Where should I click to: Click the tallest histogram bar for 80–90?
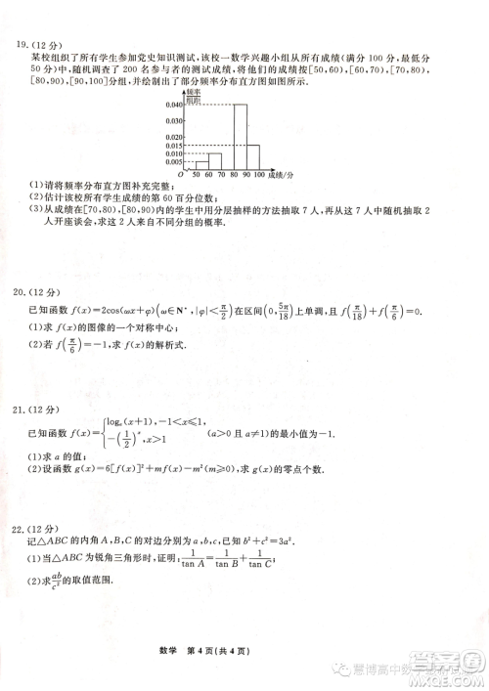pos(240,136)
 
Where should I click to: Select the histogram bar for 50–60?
pos(201,165)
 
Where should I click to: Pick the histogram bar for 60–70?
pos(215,161)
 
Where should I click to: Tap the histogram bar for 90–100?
pos(252,157)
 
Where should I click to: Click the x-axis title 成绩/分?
pos(281,175)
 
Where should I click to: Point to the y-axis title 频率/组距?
pos(193,97)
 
